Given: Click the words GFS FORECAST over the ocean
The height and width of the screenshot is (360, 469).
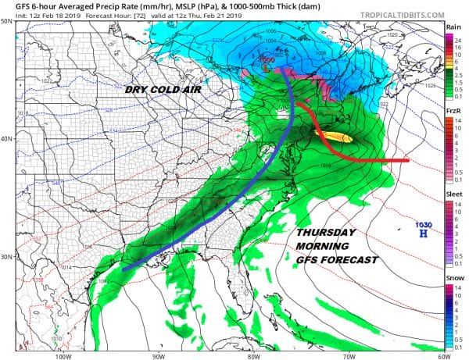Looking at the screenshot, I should coord(338,260).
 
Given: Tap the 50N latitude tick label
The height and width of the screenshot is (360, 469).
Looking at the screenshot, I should coord(7,20).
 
